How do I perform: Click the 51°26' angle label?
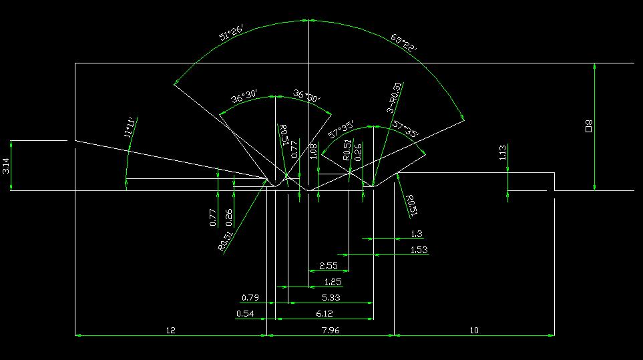point(232,34)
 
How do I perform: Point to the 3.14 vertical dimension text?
point(7,166)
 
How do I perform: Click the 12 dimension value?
point(170,330)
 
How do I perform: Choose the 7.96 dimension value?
point(331,330)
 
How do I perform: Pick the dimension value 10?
point(474,330)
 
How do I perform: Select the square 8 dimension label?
point(589,126)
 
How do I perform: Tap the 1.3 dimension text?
point(417,234)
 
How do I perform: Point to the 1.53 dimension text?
point(418,250)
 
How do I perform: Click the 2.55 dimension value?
point(329,266)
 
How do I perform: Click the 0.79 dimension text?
point(250,297)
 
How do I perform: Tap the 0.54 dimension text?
point(245,313)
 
